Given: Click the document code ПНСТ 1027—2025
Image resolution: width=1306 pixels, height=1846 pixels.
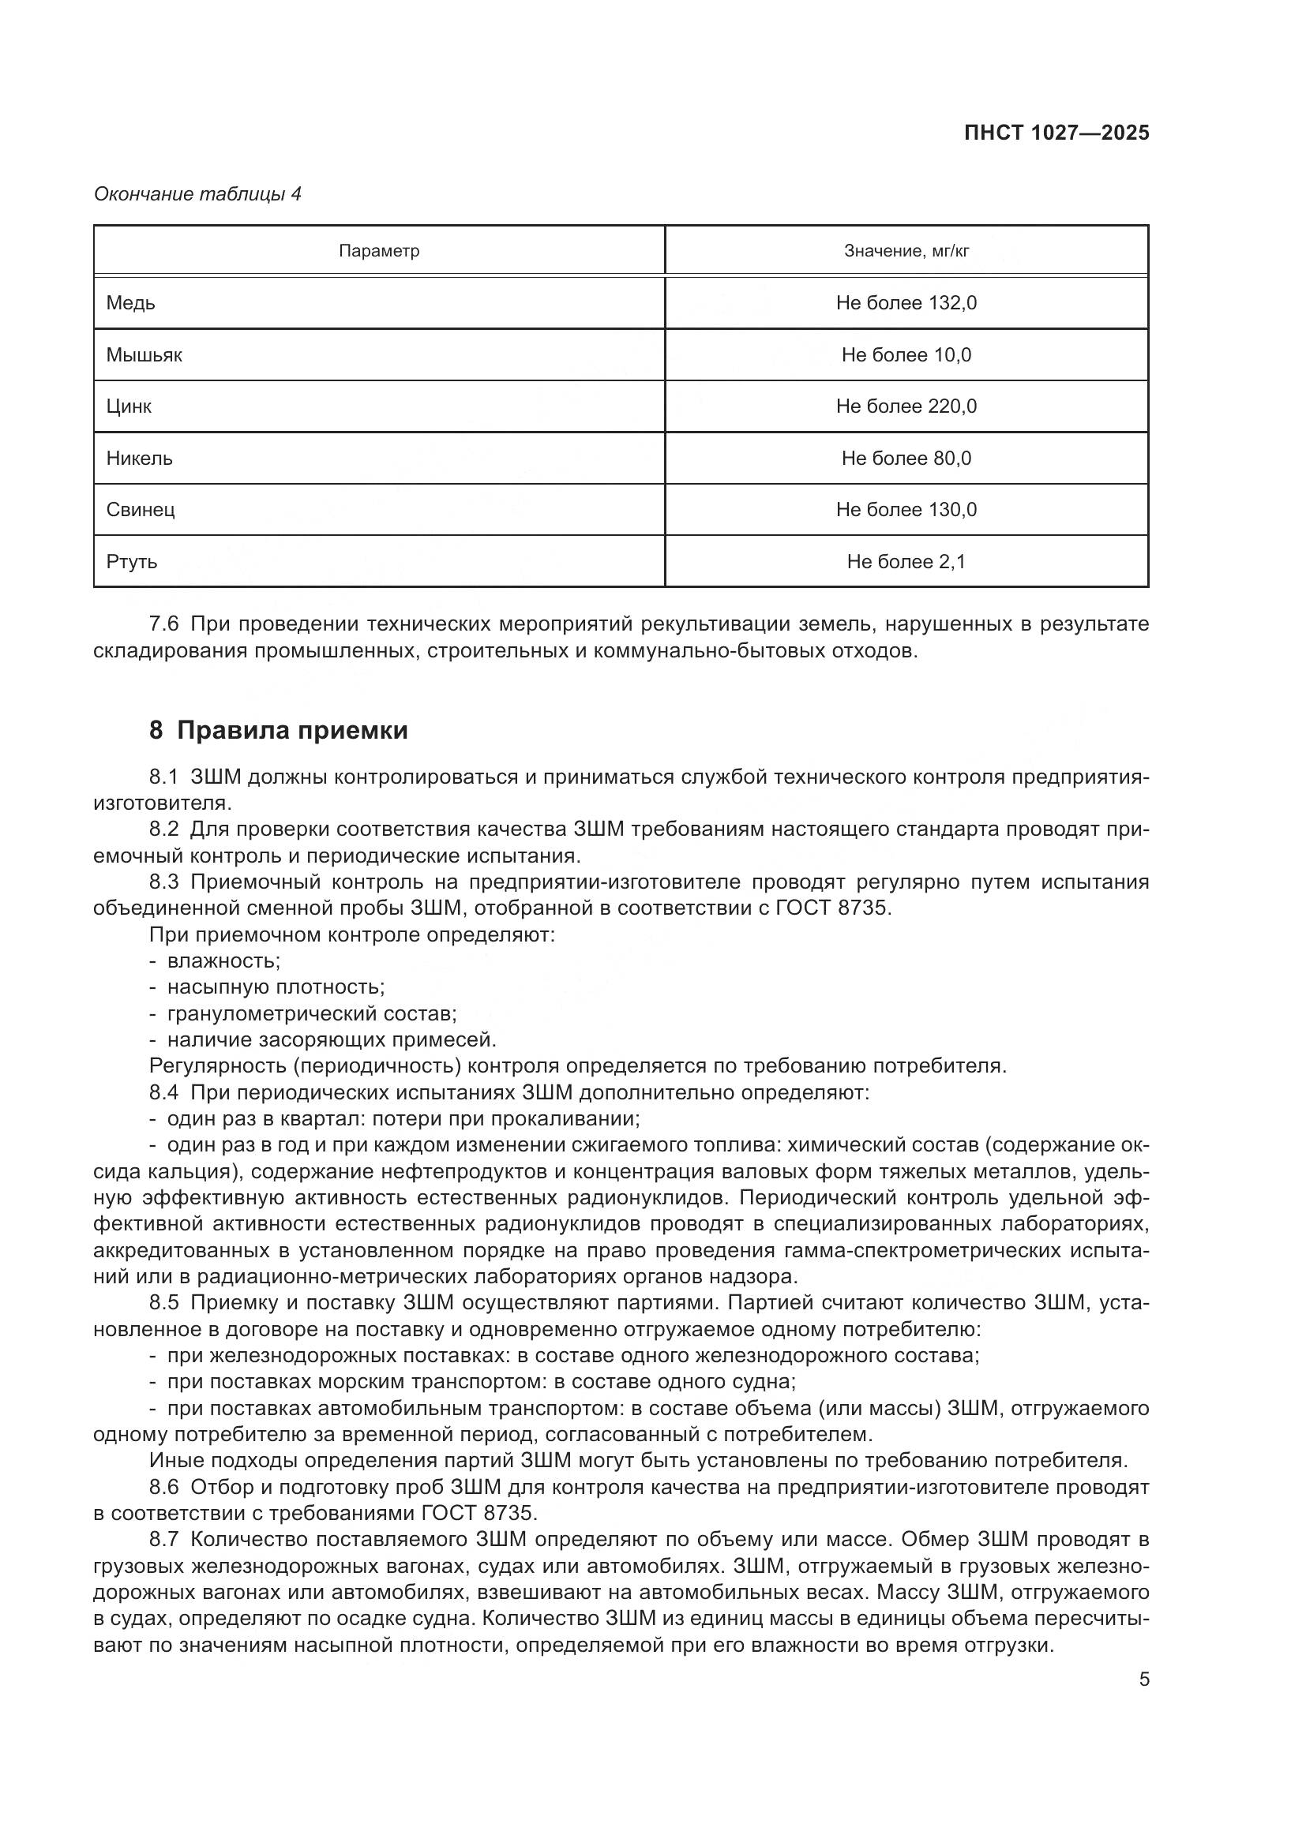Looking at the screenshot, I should pyautogui.click(x=1056, y=133).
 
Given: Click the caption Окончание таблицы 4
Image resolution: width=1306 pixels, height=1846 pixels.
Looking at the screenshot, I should pyautogui.click(x=198, y=195).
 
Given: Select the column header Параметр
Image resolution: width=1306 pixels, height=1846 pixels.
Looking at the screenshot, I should pyautogui.click(x=379, y=252).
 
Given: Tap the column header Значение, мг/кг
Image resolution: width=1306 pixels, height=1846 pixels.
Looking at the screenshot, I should pyautogui.click(x=906, y=252).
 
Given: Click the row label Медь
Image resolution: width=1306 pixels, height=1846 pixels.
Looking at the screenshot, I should pyautogui.click(x=131, y=303).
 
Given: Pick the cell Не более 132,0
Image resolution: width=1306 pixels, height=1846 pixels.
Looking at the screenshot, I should pyautogui.click(x=906, y=303).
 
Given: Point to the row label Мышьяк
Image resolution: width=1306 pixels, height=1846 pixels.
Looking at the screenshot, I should pyautogui.click(x=144, y=355).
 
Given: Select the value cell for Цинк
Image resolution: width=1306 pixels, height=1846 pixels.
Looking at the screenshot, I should pyautogui.click(x=906, y=406).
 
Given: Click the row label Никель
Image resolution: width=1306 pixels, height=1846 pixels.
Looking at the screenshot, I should pyautogui.click(x=139, y=459).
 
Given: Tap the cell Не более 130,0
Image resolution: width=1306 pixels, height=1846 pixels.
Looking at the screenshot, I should pyautogui.click(x=906, y=510).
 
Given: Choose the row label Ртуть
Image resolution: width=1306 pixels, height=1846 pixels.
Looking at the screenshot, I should pyautogui.click(x=132, y=561).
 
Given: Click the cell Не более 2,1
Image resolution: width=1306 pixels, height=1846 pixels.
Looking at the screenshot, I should pyautogui.click(x=906, y=561).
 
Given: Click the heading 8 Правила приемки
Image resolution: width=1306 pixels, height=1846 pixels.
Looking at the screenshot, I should pyautogui.click(x=278, y=730).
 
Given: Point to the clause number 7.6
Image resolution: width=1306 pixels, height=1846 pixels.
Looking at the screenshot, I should pyautogui.click(x=164, y=624).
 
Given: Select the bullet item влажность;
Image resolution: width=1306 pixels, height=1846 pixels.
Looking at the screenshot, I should pyautogui.click(x=223, y=960).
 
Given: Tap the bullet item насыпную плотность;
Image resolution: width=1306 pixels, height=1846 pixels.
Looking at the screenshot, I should pyautogui.click(x=275, y=987).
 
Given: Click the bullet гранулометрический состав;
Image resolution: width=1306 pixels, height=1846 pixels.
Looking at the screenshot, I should pyautogui.click(x=311, y=1014).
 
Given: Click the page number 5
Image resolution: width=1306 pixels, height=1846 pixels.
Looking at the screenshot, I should pyautogui.click(x=1144, y=1679).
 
